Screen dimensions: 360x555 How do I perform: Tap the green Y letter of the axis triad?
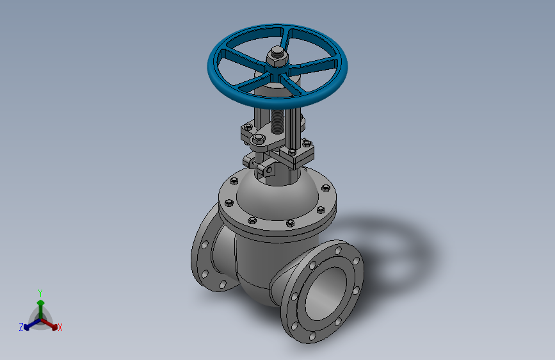pyautogui.click(x=40, y=292)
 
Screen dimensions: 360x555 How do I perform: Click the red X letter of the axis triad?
pyautogui.click(x=60, y=328)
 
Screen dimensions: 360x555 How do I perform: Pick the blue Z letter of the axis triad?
pyautogui.click(x=20, y=327)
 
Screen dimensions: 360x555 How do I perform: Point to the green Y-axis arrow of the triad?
pyautogui.click(x=40, y=304)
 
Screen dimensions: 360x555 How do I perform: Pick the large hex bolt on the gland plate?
pyautogui.click(x=258, y=140)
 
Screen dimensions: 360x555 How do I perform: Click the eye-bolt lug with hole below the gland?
pyautogui.click(x=265, y=169)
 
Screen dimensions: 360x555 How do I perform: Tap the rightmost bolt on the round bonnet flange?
pyautogui.click(x=326, y=189)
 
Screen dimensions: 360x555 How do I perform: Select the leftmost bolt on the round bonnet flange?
pyautogui.click(x=227, y=204)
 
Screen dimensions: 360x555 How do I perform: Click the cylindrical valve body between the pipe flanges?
pyautogui.click(x=256, y=263)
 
